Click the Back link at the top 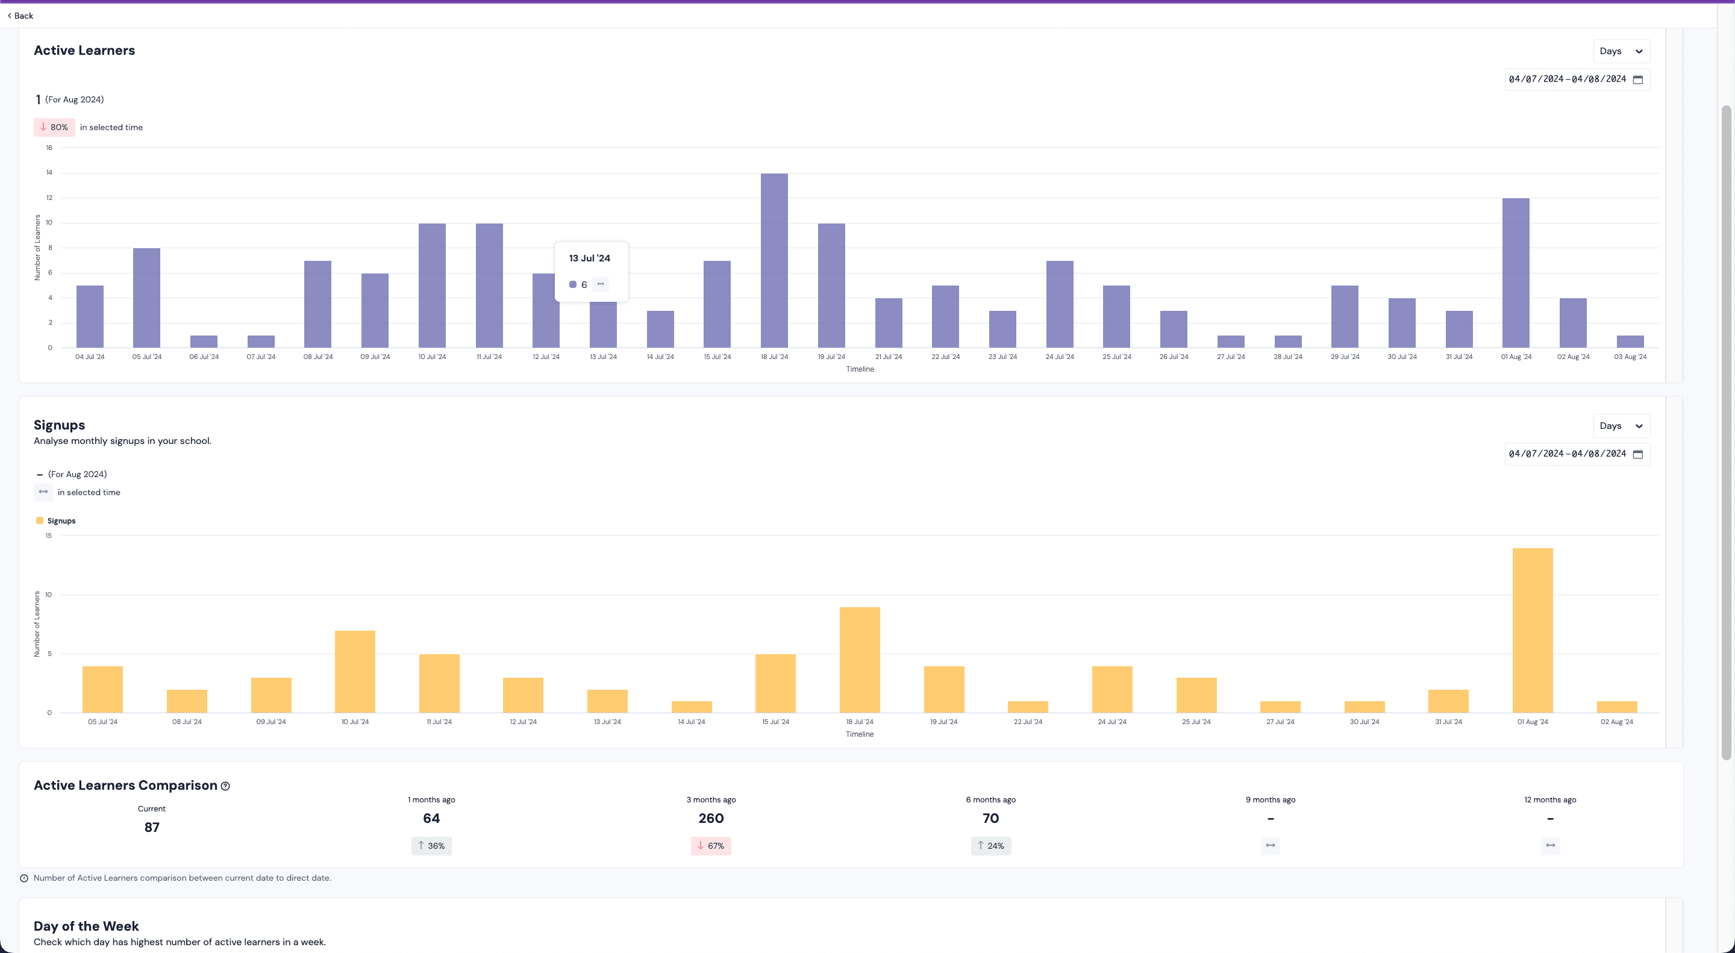21,16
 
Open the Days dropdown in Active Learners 1621,51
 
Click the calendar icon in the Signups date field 1638,454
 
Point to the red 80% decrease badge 54,127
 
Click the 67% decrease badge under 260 711,845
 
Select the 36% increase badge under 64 431,845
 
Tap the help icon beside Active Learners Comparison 226,786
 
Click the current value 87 152,827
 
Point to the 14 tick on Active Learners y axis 49,172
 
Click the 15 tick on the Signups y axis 48,536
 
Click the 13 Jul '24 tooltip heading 589,258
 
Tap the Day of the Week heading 86,926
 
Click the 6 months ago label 990,799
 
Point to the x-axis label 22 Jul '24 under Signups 1027,721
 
